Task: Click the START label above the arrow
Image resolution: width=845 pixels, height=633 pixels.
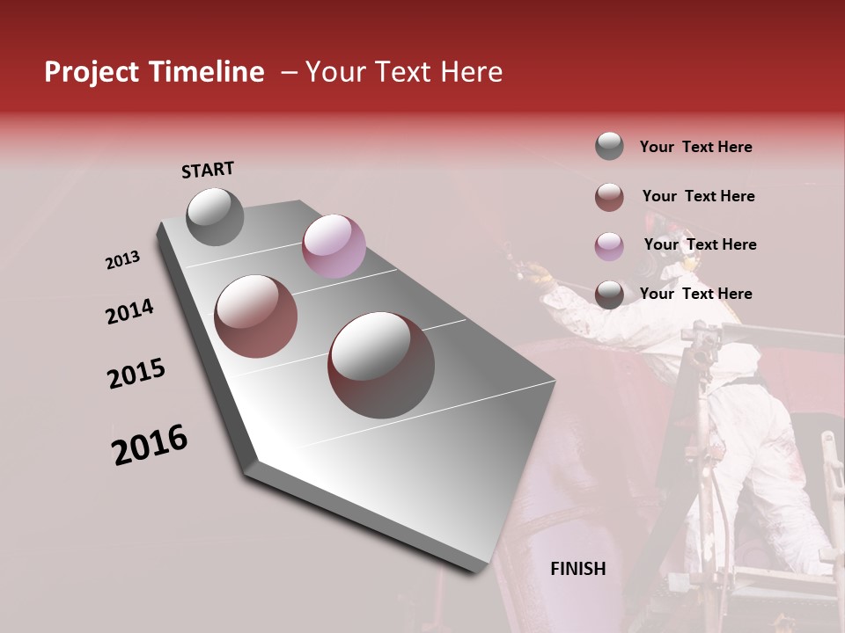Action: point(208,170)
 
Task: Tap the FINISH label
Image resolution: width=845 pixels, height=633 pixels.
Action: point(577,569)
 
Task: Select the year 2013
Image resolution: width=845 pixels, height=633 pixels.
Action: point(122,260)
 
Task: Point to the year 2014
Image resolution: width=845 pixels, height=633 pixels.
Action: point(129,312)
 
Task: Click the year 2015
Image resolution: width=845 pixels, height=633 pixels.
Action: point(136,374)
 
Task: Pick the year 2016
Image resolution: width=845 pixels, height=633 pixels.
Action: point(150,445)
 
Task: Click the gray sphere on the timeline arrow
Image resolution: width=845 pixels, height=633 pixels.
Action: point(216,216)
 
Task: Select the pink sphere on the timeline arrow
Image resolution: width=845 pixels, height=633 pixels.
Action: point(334,246)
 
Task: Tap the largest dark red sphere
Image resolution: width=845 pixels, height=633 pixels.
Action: point(381,364)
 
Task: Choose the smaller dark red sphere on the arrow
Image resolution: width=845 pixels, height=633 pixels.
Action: point(256,316)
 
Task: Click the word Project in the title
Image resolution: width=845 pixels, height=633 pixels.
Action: point(93,72)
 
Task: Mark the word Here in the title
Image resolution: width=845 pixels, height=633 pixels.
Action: point(471,72)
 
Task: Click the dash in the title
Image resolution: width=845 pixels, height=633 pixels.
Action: point(289,72)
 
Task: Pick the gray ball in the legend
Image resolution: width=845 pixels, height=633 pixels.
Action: point(609,146)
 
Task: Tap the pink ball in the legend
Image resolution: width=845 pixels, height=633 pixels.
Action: point(609,246)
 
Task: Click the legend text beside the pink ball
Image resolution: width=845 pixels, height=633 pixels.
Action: point(700,244)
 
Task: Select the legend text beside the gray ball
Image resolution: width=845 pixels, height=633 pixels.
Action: point(695,147)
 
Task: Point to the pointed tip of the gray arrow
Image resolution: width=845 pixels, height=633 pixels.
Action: point(480,571)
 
